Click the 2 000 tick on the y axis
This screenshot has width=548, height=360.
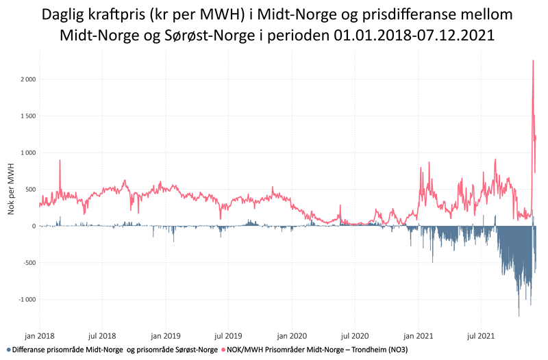click(26, 79)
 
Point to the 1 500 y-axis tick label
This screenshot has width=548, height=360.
click(26, 116)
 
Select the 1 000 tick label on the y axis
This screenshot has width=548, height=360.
click(26, 153)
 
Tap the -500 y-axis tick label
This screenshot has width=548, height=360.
click(28, 263)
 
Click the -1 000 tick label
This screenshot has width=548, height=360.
click(26, 299)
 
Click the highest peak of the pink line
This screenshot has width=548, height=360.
click(533, 61)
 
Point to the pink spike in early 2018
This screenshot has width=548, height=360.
click(60, 161)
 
